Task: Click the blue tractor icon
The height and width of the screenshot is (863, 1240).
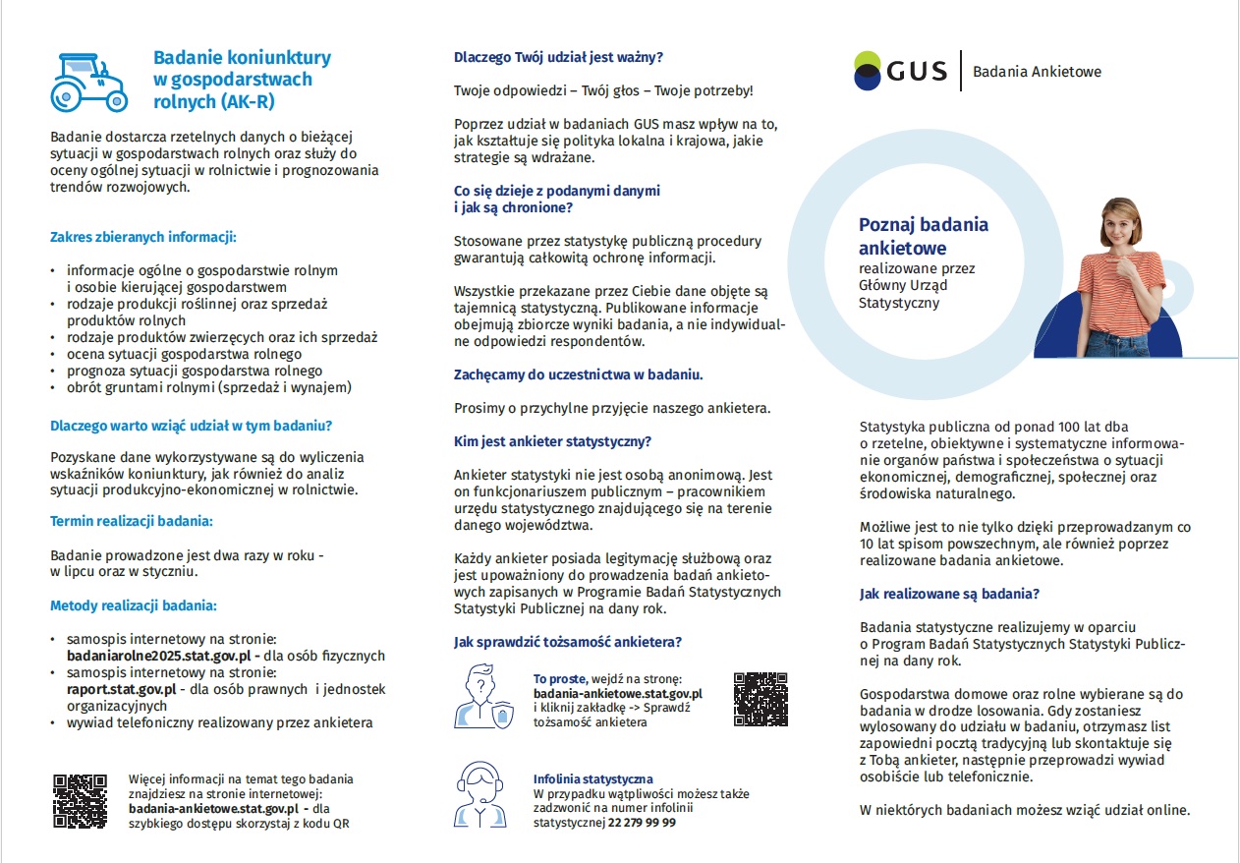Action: click(x=88, y=81)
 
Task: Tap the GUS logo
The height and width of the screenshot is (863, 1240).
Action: click(x=900, y=70)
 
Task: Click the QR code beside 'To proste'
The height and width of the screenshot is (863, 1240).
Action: click(x=760, y=699)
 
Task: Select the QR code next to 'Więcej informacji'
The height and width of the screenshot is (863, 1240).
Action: click(x=80, y=800)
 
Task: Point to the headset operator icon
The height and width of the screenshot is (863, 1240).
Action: click(x=481, y=795)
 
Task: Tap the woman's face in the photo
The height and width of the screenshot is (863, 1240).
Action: click(x=1120, y=224)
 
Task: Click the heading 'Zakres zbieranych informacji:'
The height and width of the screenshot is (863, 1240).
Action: click(x=143, y=237)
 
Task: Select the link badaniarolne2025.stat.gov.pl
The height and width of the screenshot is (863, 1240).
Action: click(x=155, y=656)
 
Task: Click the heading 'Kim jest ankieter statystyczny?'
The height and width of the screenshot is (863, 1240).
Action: click(x=552, y=441)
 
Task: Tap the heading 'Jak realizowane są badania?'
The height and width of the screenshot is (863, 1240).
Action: click(x=949, y=594)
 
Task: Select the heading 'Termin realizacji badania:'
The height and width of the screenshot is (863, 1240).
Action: click(x=132, y=521)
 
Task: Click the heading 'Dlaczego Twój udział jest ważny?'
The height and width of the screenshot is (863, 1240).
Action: click(x=558, y=58)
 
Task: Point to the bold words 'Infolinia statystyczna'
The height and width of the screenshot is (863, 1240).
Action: click(x=592, y=778)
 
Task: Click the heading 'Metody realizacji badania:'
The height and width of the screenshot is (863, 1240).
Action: click(x=134, y=605)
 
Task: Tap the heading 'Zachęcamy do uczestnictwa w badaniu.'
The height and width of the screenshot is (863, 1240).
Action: click(x=578, y=374)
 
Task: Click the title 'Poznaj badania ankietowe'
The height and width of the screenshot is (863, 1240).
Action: click(x=923, y=236)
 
